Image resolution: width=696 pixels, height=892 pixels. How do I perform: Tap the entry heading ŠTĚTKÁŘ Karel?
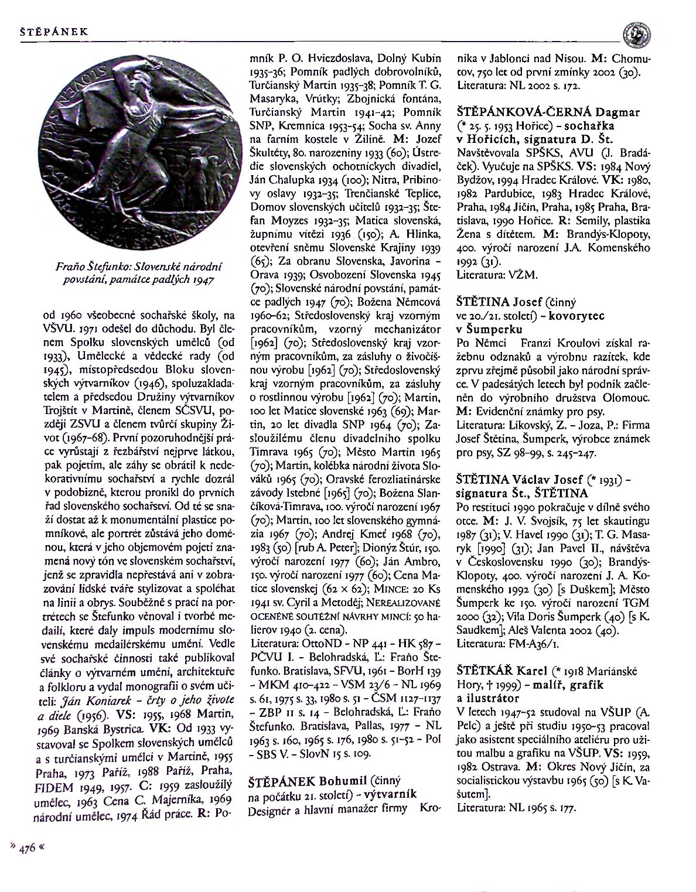[496, 671]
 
